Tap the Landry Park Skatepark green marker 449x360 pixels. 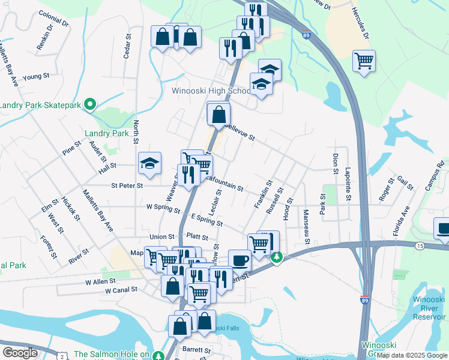point(90,105)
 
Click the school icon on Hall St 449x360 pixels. point(150,163)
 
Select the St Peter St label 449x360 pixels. point(127,185)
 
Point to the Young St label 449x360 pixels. point(35,77)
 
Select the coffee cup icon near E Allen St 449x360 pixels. point(240,260)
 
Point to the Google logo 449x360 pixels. point(20,352)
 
